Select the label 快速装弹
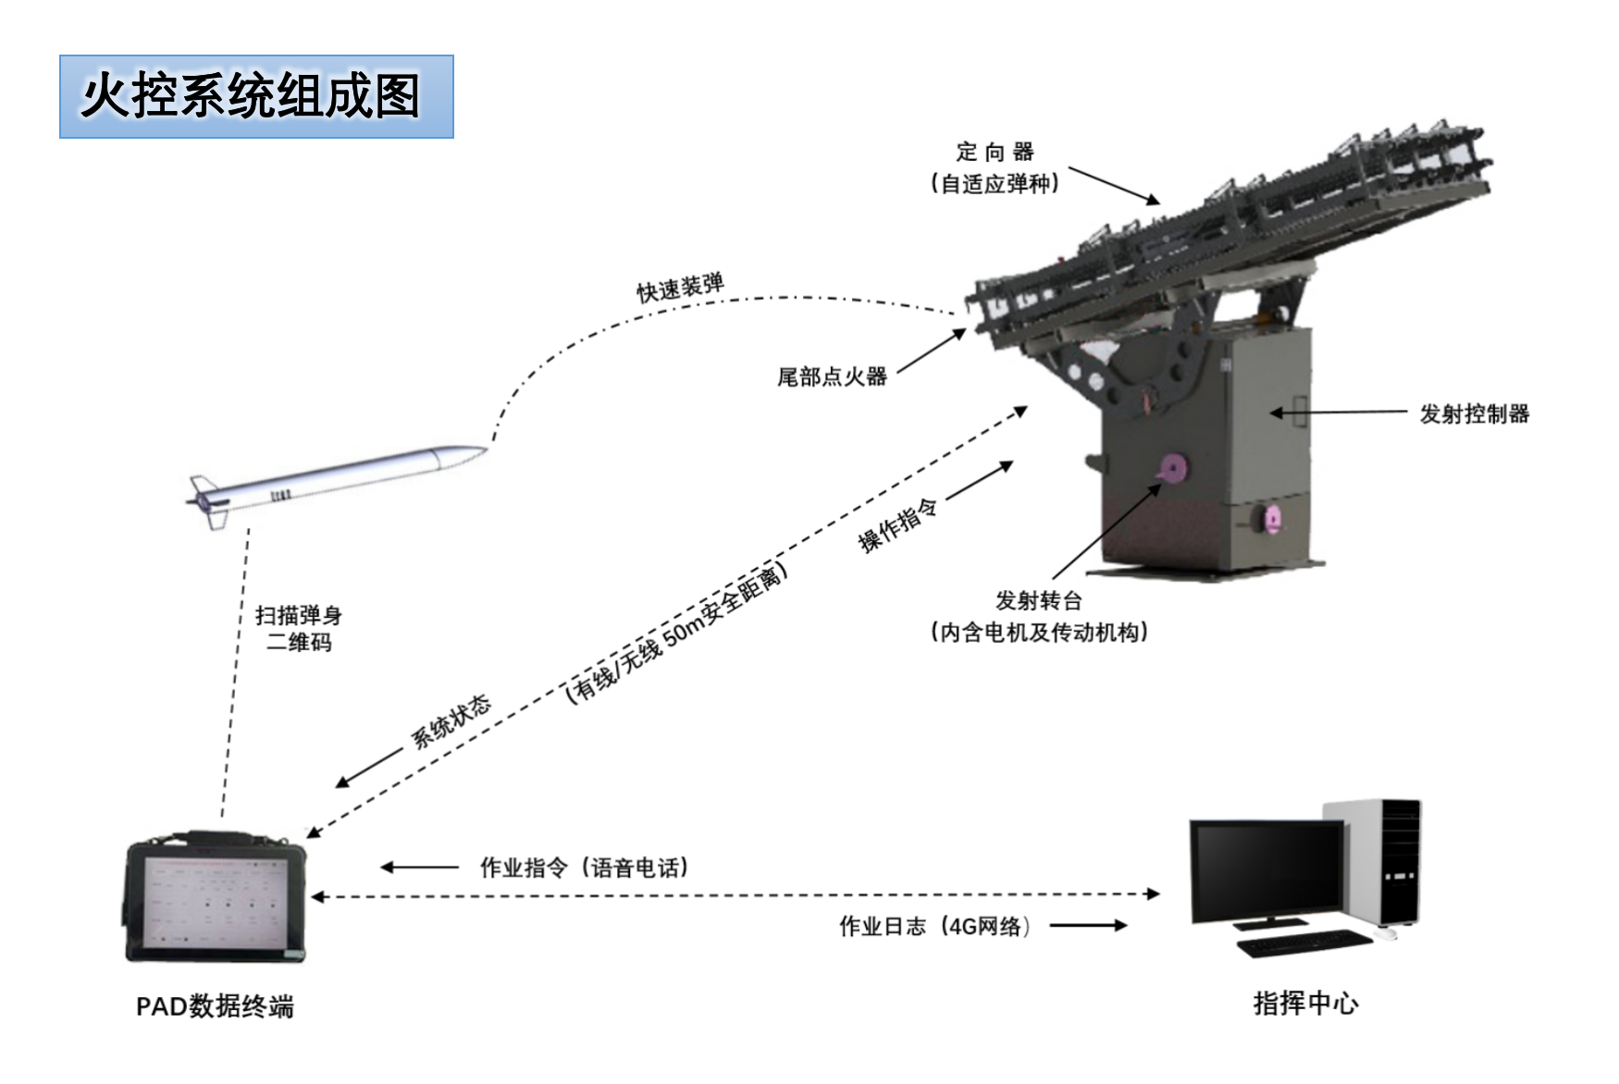tap(680, 288)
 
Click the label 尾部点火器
tap(832, 376)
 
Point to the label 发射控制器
tap(1475, 413)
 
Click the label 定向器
tap(995, 152)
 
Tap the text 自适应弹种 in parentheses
tap(995, 183)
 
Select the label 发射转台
tap(1038, 600)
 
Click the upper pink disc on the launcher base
tap(1172, 469)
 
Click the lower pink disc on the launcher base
tap(1273, 519)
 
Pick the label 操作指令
tap(897, 525)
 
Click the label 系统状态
tap(451, 721)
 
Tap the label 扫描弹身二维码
tap(298, 628)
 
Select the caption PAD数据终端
tap(215, 1006)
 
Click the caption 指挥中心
tap(1304, 1003)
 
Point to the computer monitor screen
tap(1268, 868)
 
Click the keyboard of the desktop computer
tap(1304, 944)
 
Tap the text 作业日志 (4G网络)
tap(934, 926)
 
